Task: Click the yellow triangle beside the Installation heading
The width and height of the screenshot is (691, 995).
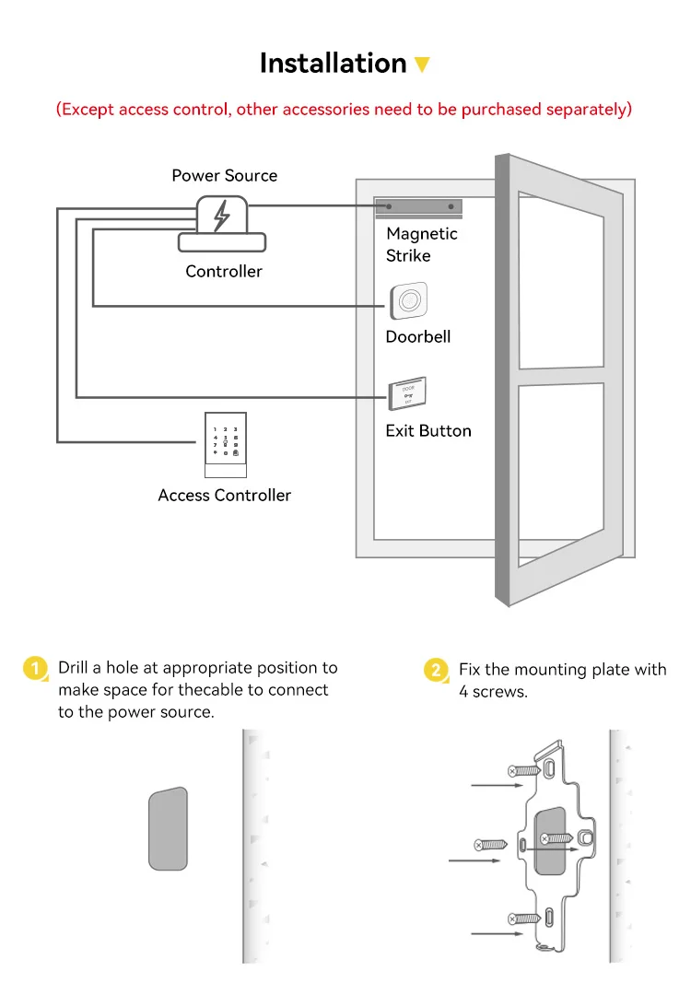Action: (x=422, y=65)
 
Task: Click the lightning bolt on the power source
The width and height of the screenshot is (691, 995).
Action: (x=221, y=216)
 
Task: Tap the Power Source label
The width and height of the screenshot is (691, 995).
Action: (x=224, y=175)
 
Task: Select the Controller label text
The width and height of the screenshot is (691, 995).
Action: (x=224, y=271)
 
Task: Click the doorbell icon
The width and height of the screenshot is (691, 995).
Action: (x=408, y=301)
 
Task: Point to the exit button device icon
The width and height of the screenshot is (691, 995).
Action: (x=406, y=394)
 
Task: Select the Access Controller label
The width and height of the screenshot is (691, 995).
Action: (x=224, y=495)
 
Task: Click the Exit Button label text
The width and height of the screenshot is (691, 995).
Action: (x=428, y=430)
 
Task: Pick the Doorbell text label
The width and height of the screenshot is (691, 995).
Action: (x=418, y=336)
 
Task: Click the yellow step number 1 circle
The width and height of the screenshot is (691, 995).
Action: (x=35, y=669)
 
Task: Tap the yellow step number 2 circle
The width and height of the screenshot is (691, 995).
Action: (x=436, y=670)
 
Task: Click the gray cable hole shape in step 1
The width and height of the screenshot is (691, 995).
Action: (x=168, y=828)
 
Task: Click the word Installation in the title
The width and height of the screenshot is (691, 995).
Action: (x=333, y=64)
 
